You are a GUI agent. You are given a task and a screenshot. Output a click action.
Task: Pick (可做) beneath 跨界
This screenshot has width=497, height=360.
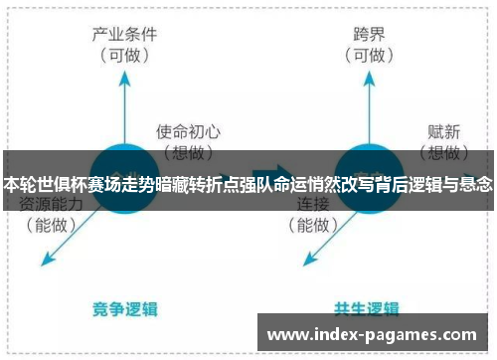[x=369, y=57]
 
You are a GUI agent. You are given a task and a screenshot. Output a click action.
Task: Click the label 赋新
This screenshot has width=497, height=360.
[x=443, y=129]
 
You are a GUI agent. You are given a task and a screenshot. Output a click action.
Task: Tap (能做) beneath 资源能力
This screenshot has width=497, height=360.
[x=51, y=226]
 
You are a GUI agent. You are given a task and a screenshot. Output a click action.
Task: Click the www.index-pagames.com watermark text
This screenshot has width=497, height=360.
[x=373, y=334]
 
